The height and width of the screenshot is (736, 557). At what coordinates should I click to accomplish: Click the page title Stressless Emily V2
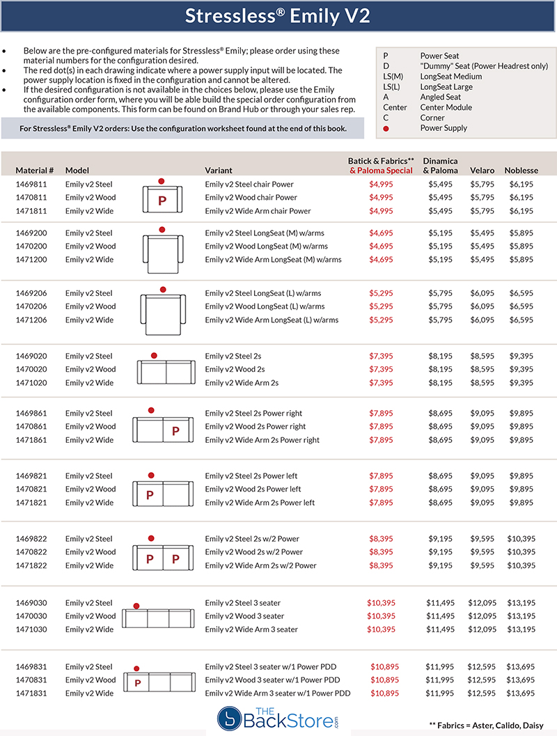(x=278, y=16)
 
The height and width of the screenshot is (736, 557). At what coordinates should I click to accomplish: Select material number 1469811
(x=31, y=185)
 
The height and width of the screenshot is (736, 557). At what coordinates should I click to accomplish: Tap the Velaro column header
(x=482, y=171)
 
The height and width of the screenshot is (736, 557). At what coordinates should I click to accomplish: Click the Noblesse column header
(x=521, y=171)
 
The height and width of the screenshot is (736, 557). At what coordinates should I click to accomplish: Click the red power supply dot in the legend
(x=385, y=128)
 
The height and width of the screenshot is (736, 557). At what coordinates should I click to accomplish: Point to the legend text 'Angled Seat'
(x=441, y=97)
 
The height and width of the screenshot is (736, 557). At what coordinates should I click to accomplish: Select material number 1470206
(x=31, y=306)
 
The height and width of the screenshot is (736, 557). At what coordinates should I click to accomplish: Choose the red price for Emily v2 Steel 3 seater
(x=382, y=603)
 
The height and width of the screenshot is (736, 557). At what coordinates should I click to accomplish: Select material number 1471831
(x=31, y=694)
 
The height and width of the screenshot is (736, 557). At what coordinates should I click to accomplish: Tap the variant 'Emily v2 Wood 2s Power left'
(x=253, y=489)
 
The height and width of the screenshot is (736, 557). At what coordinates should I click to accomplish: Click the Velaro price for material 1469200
(x=482, y=233)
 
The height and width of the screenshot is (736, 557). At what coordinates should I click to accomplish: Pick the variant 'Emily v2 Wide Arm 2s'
(x=242, y=383)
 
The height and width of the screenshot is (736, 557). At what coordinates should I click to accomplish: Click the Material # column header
(x=35, y=171)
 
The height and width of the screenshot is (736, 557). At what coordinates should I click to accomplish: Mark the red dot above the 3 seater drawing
(x=136, y=606)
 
